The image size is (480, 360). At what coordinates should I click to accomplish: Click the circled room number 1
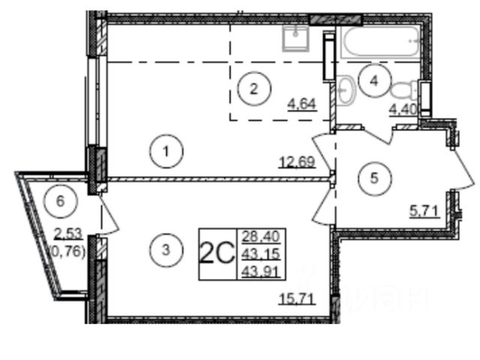(166, 151)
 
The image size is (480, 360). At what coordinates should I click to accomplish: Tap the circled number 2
(254, 88)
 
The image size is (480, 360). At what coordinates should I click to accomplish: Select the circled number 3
(166, 250)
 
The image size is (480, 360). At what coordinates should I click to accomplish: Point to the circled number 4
(374, 81)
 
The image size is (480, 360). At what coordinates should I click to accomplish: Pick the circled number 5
(375, 178)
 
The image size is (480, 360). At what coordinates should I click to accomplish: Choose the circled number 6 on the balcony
(61, 201)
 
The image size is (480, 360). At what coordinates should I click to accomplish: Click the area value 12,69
(297, 162)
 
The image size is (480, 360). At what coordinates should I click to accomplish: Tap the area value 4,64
(301, 104)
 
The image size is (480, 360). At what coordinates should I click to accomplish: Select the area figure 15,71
(297, 298)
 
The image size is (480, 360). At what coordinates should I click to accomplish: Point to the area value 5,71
(424, 211)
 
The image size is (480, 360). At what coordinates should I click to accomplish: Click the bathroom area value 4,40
(403, 109)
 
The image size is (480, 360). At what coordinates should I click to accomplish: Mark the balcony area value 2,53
(68, 233)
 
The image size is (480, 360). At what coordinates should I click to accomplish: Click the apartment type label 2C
(217, 253)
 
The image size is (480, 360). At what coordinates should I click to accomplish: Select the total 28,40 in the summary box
(261, 236)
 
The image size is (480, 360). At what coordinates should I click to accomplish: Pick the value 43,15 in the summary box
(261, 253)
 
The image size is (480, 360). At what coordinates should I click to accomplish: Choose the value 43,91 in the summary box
(261, 271)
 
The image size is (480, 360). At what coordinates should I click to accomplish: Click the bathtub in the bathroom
(381, 42)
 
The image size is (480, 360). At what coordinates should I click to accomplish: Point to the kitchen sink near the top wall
(295, 38)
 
